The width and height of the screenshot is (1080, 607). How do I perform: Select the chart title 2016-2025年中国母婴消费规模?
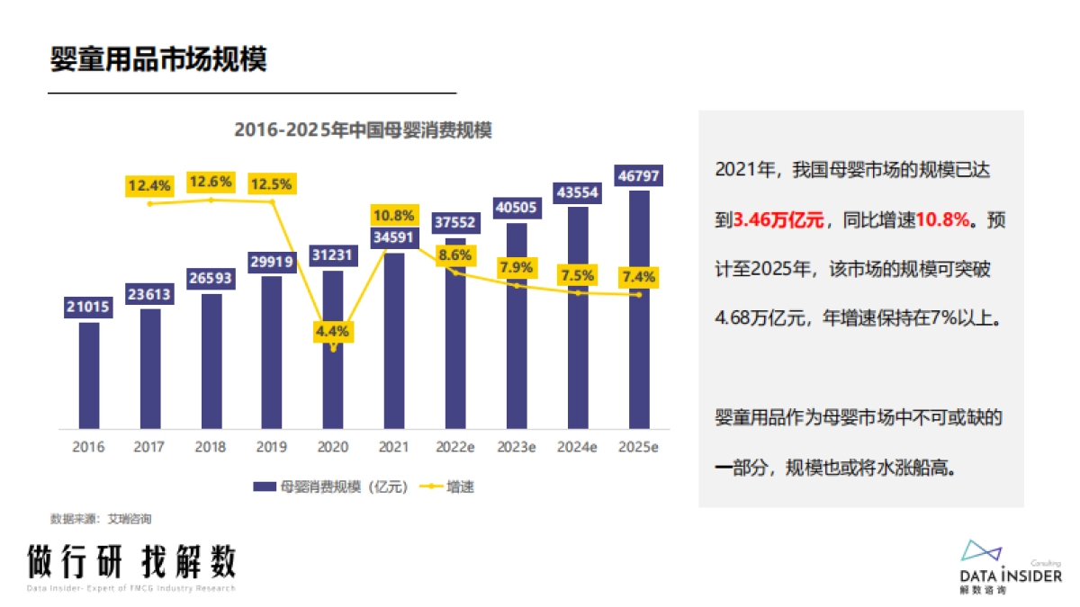pos(363,129)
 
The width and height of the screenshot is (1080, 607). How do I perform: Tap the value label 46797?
pos(638,175)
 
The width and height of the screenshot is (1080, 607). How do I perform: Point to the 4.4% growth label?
pos(332,330)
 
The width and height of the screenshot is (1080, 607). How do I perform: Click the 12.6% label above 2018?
pos(211,183)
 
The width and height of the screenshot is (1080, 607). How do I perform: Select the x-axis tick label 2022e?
pos(454,447)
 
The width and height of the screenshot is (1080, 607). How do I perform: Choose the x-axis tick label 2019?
pos(271,447)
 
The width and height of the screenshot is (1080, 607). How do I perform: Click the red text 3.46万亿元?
pos(779,219)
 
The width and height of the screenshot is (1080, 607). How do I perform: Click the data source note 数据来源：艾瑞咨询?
pos(101,519)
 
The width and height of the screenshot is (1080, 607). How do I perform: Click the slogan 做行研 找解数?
pos(131,562)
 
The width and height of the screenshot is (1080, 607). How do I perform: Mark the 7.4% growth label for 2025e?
pos(638,275)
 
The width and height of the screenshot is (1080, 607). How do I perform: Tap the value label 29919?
pos(272,263)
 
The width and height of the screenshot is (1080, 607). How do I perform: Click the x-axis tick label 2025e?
pos(638,447)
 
